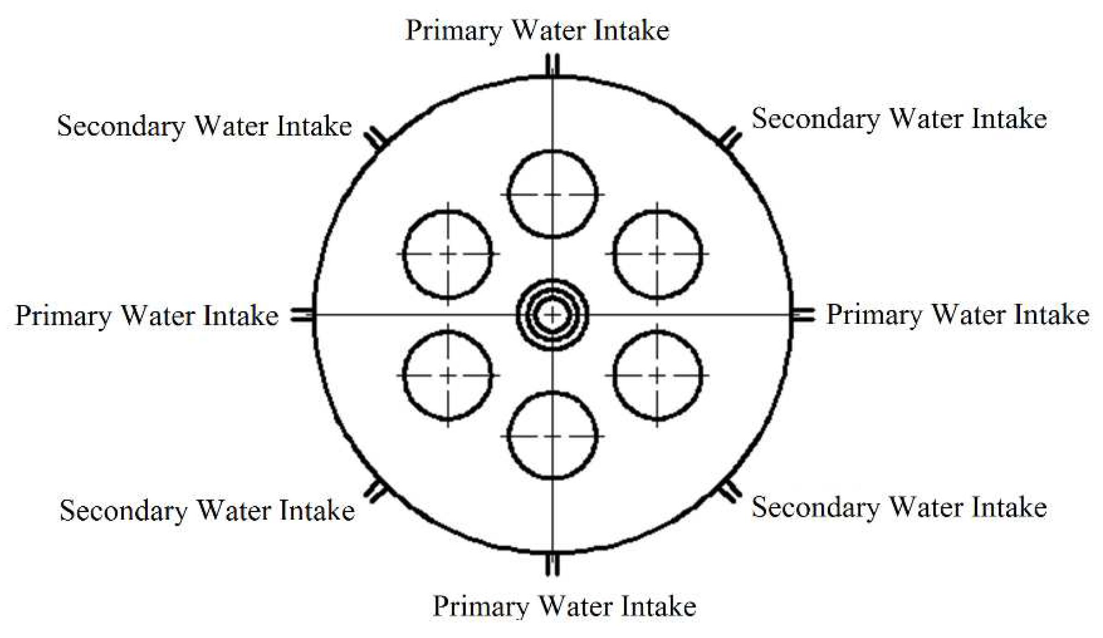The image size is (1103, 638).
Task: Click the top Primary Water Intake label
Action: (537, 31)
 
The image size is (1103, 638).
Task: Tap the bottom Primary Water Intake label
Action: (564, 606)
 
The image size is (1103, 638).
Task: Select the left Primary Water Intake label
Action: (147, 316)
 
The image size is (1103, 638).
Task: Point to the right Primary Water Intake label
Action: (957, 315)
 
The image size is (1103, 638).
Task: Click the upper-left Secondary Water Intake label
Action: (204, 126)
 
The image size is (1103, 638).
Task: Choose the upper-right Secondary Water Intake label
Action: (899, 119)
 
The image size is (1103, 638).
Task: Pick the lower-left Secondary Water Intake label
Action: (207, 510)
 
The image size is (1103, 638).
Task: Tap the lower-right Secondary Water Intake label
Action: (899, 508)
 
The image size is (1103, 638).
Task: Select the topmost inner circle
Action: (552, 194)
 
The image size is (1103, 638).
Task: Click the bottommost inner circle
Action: (552, 436)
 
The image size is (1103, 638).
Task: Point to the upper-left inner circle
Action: (448, 254)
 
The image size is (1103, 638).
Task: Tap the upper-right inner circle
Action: (657, 254)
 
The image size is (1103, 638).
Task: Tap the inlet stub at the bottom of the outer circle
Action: (552, 565)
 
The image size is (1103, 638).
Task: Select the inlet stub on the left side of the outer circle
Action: (302, 315)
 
